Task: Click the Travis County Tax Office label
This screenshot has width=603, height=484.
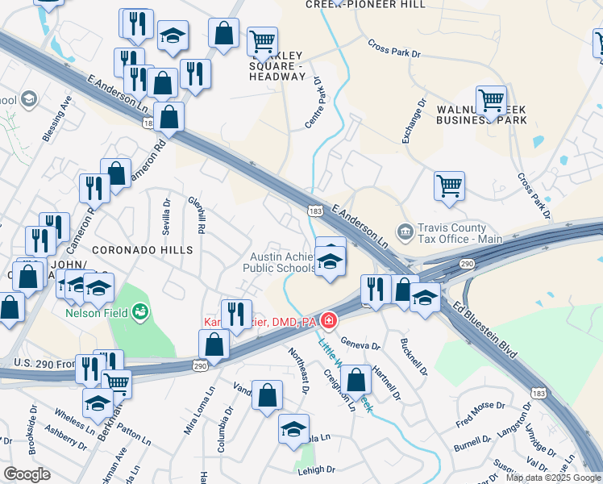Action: (x=459, y=233)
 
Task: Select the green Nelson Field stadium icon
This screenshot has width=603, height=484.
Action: (x=140, y=310)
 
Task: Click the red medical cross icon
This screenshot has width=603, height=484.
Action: (x=327, y=322)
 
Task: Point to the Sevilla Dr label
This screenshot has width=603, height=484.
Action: (x=167, y=217)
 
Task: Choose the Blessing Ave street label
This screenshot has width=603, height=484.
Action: (x=58, y=119)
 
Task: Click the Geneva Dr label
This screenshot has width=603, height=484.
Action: (x=360, y=345)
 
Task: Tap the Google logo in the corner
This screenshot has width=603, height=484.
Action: (x=27, y=474)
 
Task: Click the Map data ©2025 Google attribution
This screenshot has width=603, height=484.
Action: (x=552, y=478)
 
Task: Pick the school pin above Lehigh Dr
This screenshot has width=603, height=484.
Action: (x=294, y=429)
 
